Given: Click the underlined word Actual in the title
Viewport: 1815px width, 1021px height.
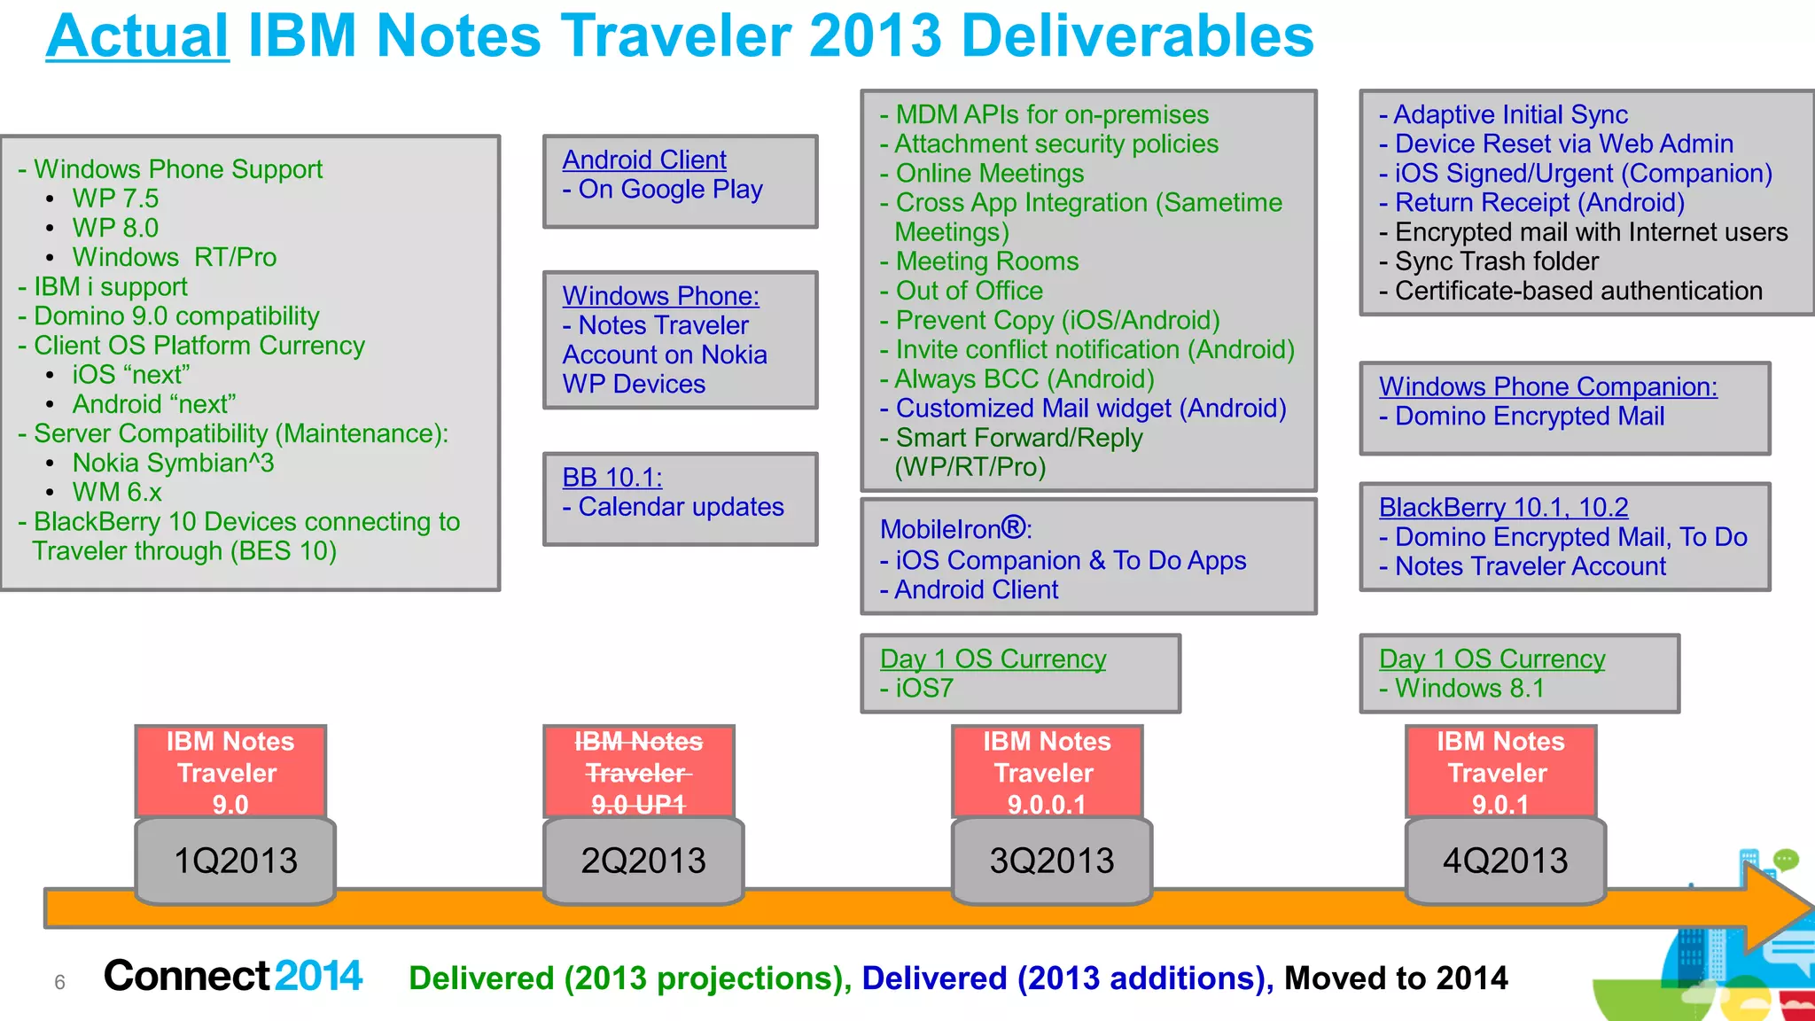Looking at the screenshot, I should coord(137,37).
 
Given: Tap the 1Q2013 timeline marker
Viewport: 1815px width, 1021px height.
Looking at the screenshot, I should coord(236,861).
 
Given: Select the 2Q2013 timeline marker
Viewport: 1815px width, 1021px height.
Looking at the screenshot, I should coord(643,861).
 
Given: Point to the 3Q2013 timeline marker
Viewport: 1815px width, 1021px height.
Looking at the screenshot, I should coord(1052,861).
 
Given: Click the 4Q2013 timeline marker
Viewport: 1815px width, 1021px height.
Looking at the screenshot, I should coord(1506,861).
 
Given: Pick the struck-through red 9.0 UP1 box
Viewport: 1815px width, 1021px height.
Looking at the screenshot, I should coord(639,772).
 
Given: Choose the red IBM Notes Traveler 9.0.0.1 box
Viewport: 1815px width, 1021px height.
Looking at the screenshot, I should coord(1047,772).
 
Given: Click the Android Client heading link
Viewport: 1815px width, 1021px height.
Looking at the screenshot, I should coord(644,160).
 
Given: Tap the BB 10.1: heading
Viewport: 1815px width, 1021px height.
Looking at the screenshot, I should coord(612,478).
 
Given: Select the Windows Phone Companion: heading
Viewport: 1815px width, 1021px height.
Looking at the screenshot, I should coord(1547,386).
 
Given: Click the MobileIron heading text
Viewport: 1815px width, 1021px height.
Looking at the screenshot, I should coord(955,529).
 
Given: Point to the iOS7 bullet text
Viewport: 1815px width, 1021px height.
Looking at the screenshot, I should coord(924,689).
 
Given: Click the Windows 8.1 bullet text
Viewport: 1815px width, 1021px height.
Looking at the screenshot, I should coord(1469,689).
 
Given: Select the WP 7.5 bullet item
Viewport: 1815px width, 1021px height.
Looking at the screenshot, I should coord(115,199).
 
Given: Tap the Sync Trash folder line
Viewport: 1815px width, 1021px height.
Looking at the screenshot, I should coord(1497,261).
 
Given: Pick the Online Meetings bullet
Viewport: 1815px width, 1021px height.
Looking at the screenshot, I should coord(989,174).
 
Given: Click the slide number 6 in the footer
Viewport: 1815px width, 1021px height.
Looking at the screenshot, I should coord(59,982).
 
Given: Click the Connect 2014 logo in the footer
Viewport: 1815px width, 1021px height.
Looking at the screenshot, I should coord(233,976).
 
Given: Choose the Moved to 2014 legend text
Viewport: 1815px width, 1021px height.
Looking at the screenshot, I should coord(1396,978).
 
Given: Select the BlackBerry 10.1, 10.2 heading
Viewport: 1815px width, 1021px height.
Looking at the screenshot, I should coord(1503,508).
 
